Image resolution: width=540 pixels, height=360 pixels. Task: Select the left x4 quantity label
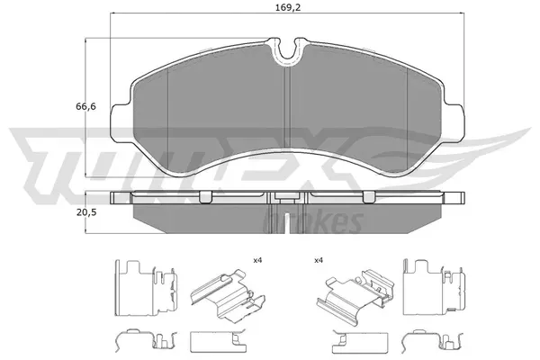[x=256, y=260]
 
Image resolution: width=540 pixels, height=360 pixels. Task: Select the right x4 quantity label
[x=318, y=260]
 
